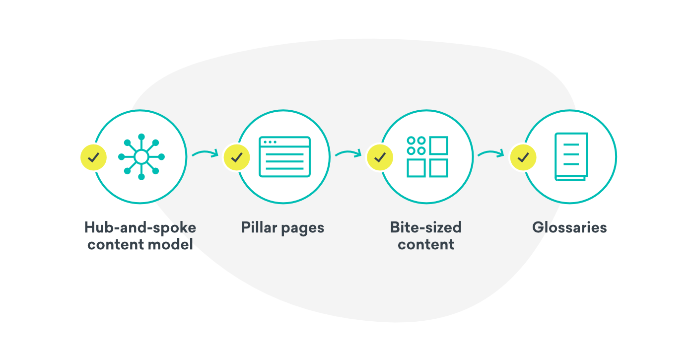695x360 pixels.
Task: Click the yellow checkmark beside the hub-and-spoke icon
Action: [93, 157]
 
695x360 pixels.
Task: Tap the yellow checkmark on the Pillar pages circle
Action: [237, 157]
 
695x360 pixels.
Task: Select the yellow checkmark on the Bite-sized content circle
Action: [380, 157]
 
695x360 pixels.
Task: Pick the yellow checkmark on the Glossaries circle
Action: [523, 157]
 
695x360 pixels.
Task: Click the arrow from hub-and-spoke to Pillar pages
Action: [205, 153]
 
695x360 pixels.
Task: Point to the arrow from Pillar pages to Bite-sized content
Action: [348, 153]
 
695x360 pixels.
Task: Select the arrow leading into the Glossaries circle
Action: [491, 153]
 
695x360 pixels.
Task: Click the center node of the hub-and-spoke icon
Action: [141, 157]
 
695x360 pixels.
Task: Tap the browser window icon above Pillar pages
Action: [284, 157]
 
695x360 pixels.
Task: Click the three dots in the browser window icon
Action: [271, 142]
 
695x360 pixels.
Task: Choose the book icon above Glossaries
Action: [571, 157]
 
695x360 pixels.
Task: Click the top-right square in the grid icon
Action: [439, 145]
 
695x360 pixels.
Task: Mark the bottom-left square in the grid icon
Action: [416, 168]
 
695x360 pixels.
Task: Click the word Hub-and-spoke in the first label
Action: [140, 228]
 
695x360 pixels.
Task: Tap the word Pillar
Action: [259, 228]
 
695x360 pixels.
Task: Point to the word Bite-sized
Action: [426, 228]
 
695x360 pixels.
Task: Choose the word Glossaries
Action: [569, 228]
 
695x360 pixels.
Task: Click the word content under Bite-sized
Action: [426, 244]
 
